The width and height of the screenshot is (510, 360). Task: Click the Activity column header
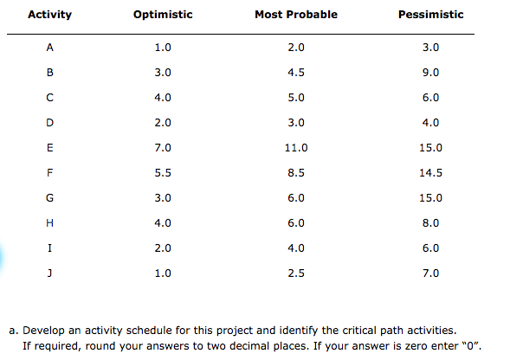[x=49, y=15]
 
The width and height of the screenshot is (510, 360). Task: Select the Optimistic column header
[x=163, y=15]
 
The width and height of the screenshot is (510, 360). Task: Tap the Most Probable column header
[x=296, y=15]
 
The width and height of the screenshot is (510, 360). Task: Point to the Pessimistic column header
[x=431, y=15]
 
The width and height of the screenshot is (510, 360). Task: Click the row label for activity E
[x=49, y=148]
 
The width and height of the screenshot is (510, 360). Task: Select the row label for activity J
[x=49, y=273]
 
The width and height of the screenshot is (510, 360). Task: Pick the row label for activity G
[x=49, y=198]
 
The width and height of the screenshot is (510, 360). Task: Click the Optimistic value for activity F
[x=163, y=173]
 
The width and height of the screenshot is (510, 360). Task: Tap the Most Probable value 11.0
[x=296, y=148]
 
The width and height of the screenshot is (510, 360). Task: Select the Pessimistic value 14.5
[x=430, y=173]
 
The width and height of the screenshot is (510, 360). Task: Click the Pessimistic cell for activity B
[x=430, y=73]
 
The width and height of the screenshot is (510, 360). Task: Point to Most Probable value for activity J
[x=296, y=273]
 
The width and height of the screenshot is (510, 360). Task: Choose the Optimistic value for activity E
[x=163, y=148]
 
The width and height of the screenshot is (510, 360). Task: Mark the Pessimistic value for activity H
[x=430, y=223]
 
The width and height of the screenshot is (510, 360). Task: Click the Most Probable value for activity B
[x=296, y=73]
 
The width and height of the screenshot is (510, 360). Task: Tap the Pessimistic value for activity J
[x=430, y=273]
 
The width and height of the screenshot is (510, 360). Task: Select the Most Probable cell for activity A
[x=296, y=48]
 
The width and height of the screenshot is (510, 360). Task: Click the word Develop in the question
[x=43, y=331]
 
